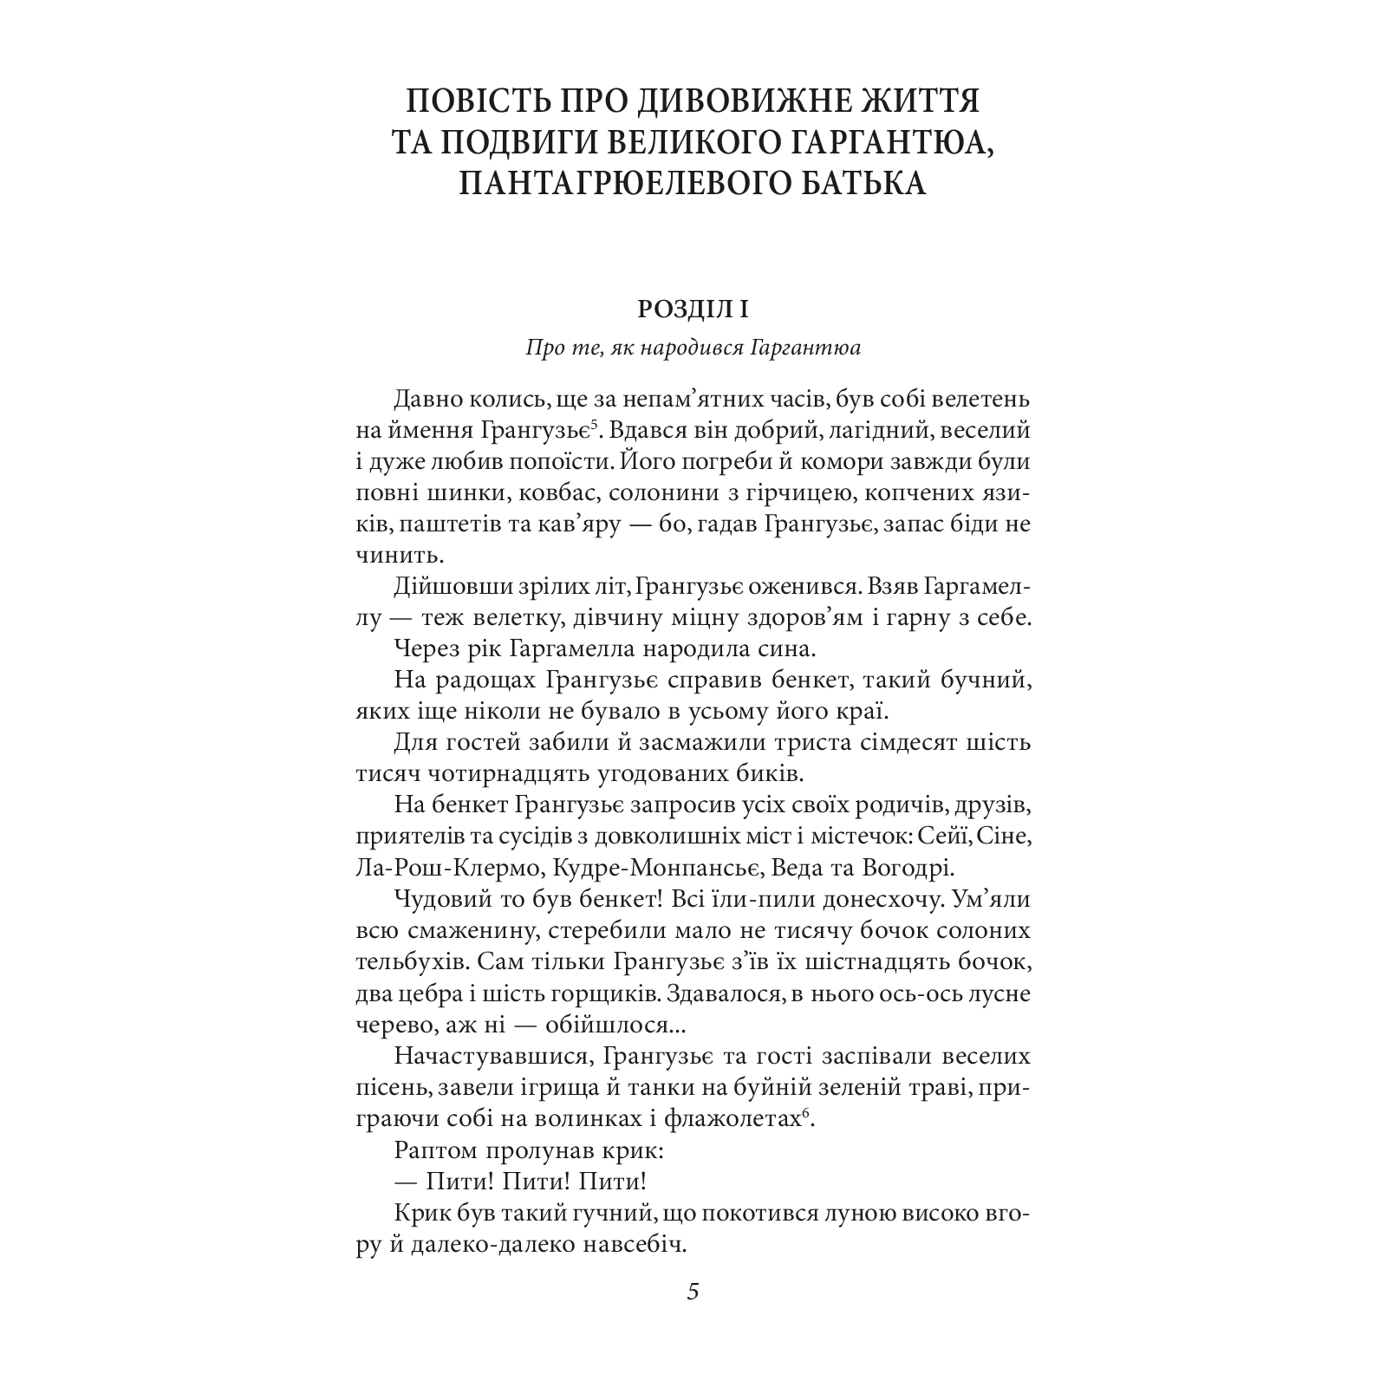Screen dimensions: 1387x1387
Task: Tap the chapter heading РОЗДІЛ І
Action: pyautogui.click(x=693, y=309)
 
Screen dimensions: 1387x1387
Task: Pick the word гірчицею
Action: pyautogui.click(x=793, y=493)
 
